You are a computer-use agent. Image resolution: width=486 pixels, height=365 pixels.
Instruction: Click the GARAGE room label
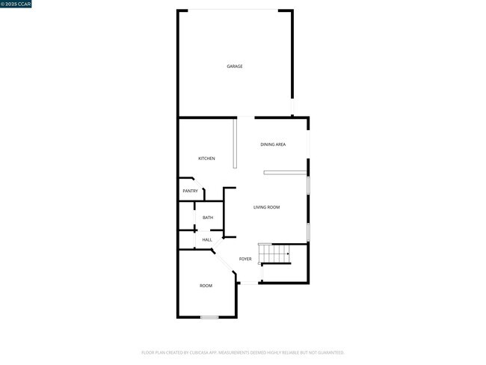pyautogui.click(x=235, y=67)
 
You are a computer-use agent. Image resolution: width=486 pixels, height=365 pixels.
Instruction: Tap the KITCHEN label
pyautogui.click(x=206, y=159)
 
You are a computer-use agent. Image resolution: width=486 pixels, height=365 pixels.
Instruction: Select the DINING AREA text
pyautogui.click(x=273, y=144)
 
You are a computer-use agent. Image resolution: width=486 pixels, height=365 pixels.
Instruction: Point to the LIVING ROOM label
pyautogui.click(x=266, y=207)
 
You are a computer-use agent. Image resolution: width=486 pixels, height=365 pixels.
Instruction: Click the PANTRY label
pyautogui.click(x=190, y=191)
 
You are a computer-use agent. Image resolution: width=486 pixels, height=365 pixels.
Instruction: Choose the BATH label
pyautogui.click(x=207, y=218)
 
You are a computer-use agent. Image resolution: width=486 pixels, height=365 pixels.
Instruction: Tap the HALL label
pyautogui.click(x=207, y=240)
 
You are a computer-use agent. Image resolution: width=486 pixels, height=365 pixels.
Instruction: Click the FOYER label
pyautogui.click(x=245, y=259)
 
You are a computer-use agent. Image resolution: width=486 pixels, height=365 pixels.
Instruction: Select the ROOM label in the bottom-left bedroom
pyautogui.click(x=206, y=286)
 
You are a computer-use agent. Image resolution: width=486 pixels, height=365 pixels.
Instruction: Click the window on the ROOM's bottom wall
pyautogui.click(x=209, y=317)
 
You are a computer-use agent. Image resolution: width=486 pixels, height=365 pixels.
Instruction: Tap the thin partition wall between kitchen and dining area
pyautogui.click(x=235, y=144)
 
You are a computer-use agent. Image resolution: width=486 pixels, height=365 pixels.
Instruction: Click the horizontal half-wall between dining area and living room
pyautogui.click(x=285, y=173)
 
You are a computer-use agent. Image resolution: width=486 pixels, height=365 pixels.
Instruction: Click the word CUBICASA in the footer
pyautogui.click(x=197, y=352)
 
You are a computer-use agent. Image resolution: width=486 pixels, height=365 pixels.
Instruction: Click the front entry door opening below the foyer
pyautogui.click(x=249, y=283)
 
